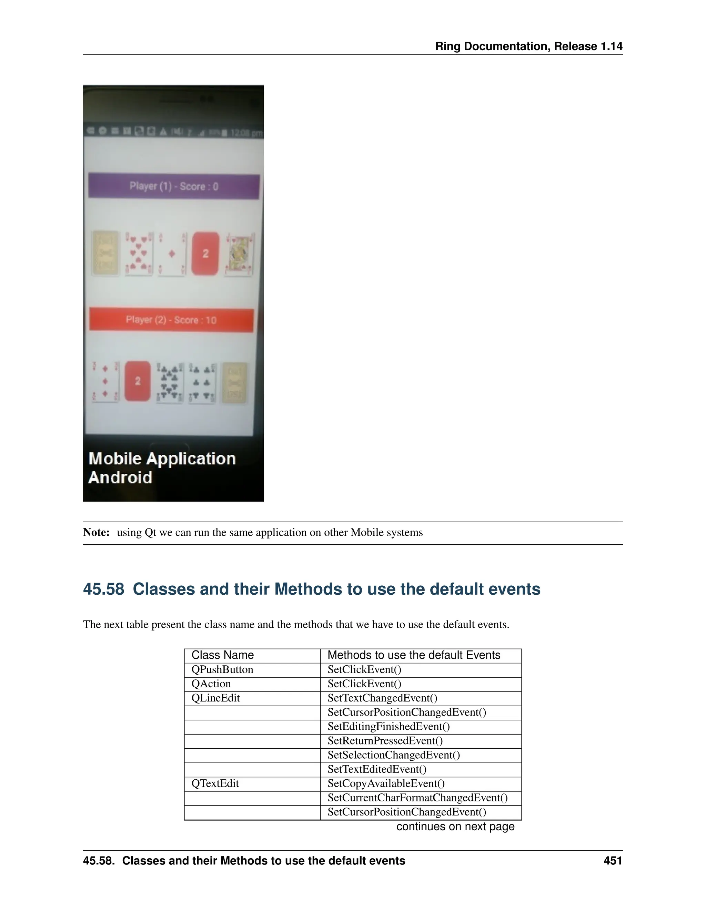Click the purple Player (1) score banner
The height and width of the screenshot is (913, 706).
[174, 186]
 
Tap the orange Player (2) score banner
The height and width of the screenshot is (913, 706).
[171, 320]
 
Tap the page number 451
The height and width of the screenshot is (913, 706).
[613, 861]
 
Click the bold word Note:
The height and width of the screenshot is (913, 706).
[96, 532]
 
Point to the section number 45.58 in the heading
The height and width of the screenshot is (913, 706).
[103, 589]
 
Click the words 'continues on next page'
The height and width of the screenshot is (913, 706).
[455, 827]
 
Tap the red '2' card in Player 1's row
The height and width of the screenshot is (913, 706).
[205, 253]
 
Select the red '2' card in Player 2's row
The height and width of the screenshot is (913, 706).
[138, 381]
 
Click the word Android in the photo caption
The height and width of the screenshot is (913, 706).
[120, 478]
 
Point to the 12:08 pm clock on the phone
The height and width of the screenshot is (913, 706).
[246, 133]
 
